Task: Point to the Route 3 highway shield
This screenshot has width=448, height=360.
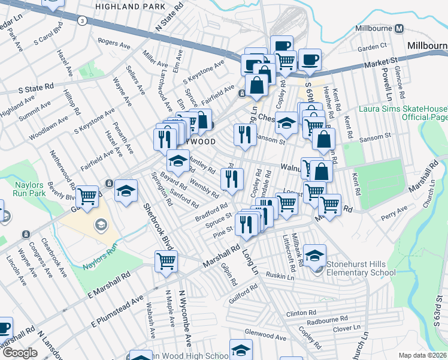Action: [x=82, y=20]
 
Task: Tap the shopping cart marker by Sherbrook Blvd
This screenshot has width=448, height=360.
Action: [x=166, y=261]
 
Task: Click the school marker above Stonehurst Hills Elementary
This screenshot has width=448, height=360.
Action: [x=314, y=255]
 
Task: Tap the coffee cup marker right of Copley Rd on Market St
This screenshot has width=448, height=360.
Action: [x=310, y=59]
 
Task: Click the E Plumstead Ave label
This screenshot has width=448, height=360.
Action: [x=117, y=311]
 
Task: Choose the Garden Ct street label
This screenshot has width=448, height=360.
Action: [x=372, y=47]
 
